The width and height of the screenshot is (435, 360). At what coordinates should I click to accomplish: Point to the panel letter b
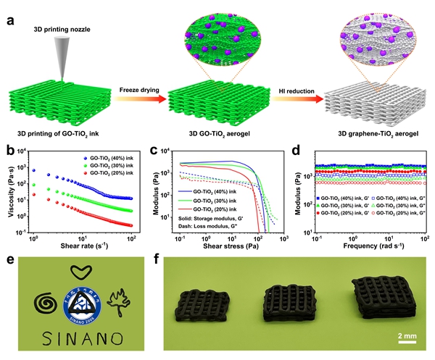[x=9, y=153]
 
